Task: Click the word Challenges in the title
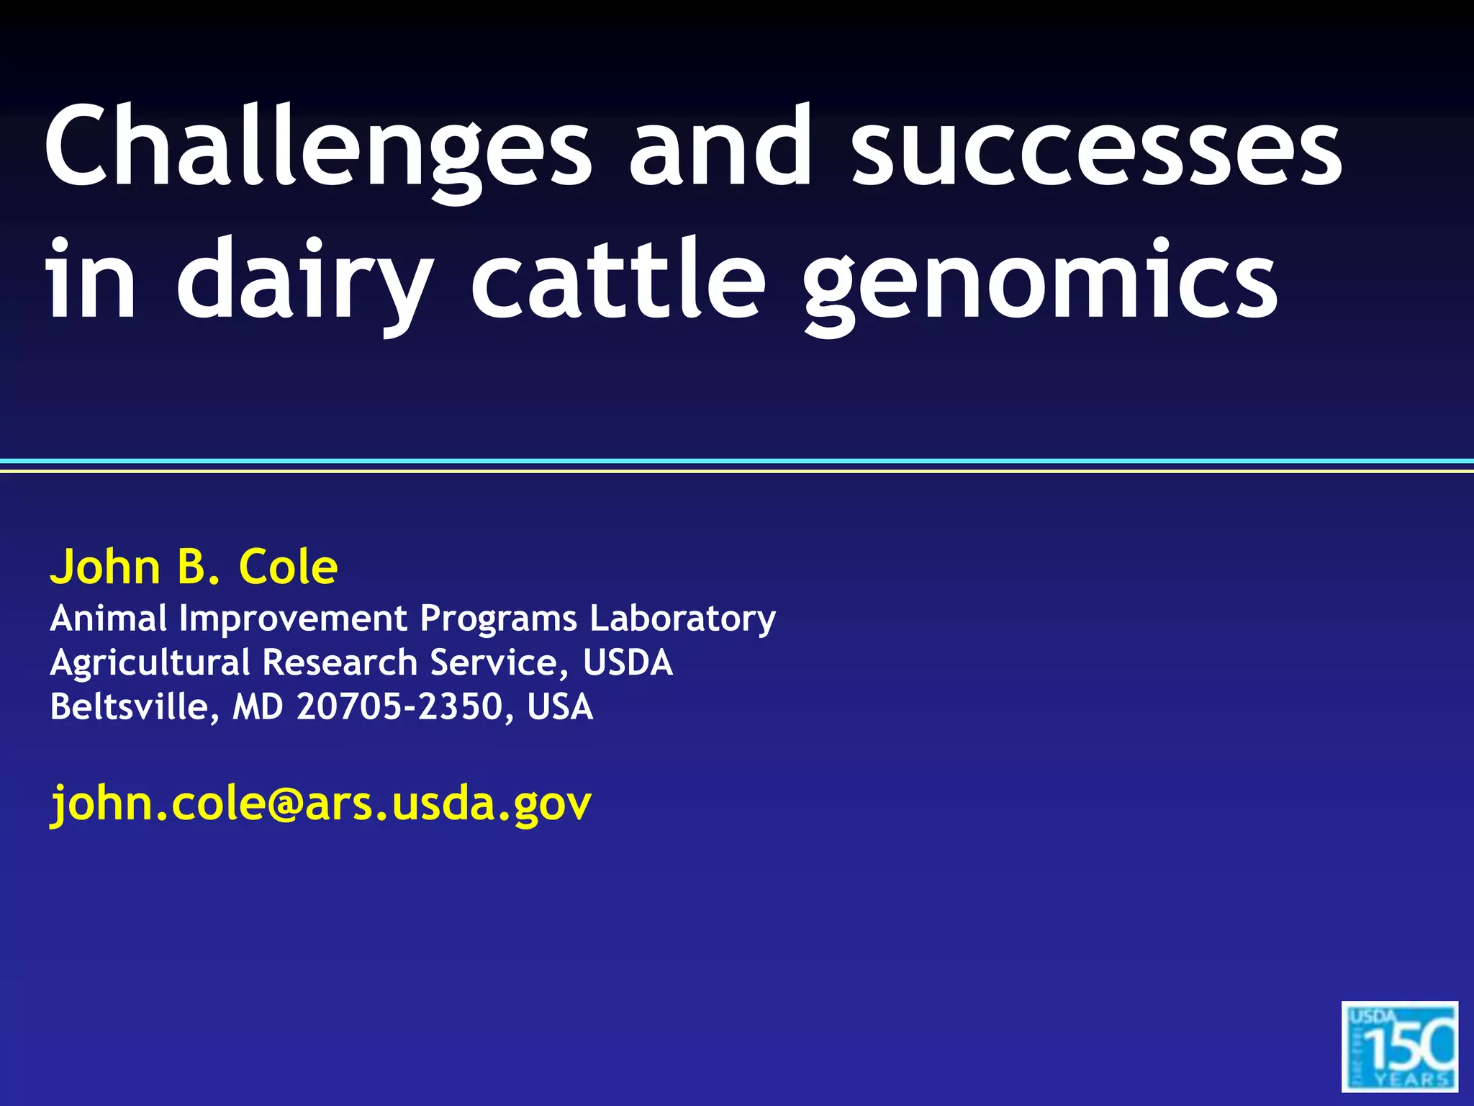(x=317, y=148)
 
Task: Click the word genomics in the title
(x=1039, y=281)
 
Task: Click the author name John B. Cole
(x=194, y=567)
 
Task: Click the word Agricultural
(x=150, y=663)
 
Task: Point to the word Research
(x=340, y=662)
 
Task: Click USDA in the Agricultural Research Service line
(x=628, y=662)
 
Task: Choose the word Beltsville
(x=130, y=706)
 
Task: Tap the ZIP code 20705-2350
(x=399, y=706)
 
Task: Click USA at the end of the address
(x=560, y=706)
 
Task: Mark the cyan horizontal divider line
(x=737, y=461)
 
